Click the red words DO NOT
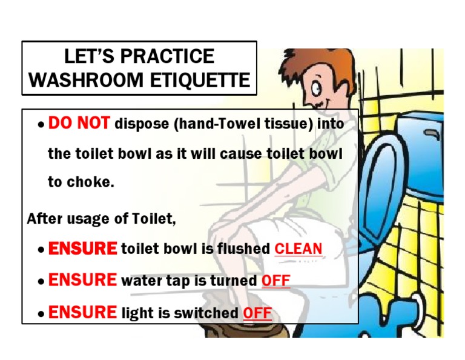79,124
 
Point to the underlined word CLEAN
298,248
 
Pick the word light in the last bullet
136,313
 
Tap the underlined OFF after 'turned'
275,281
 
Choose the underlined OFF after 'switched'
257,313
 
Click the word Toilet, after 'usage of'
154,219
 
